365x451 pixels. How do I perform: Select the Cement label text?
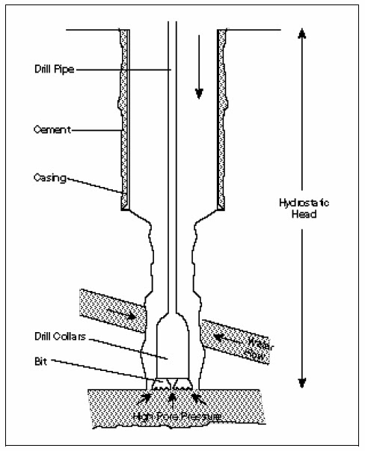[50, 129]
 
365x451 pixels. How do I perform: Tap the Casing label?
[50, 178]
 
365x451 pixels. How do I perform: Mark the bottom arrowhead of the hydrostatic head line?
[302, 383]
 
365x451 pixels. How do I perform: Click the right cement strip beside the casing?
[222, 112]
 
